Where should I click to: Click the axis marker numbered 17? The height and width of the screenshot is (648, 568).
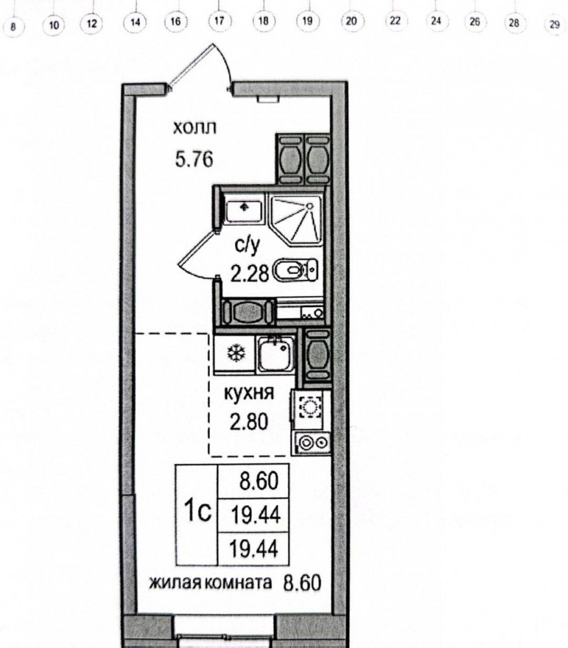219,21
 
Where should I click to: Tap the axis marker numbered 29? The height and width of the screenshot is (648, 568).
554,25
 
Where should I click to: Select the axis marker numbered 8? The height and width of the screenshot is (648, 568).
13,27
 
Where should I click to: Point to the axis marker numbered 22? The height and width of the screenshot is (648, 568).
395,20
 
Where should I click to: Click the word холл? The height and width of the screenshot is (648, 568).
194,128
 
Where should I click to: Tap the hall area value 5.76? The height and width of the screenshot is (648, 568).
194,159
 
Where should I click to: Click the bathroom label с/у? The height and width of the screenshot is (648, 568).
247,245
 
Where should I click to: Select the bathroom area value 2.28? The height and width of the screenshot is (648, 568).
249,273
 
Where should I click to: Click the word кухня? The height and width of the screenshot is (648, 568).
249,392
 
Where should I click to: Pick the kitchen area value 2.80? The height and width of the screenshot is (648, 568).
249,422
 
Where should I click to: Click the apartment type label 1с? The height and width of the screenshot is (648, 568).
198,512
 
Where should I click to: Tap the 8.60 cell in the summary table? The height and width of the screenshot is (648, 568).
258,481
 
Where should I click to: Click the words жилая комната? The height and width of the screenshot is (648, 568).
210,583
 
